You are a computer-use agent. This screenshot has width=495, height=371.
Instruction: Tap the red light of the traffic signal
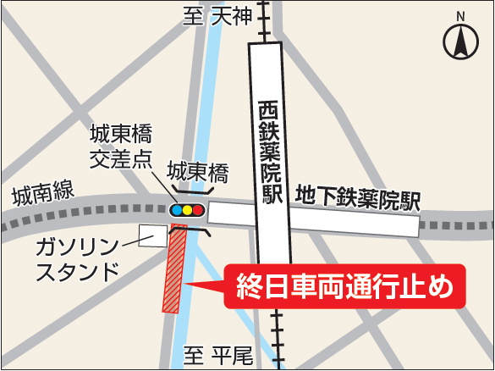[198, 210]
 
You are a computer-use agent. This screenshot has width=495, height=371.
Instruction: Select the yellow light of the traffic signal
[188, 210]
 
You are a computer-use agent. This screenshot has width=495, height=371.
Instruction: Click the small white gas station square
[154, 235]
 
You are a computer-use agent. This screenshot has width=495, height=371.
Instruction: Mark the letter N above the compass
[460, 16]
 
